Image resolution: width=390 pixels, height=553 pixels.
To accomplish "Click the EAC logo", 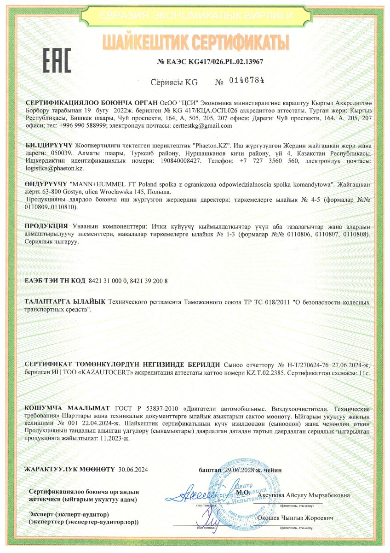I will [x=57, y=60].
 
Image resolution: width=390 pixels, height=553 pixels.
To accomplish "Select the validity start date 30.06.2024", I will [x=133, y=470].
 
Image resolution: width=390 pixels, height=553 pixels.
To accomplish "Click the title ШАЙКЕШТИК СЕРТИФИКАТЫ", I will [x=195, y=42].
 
